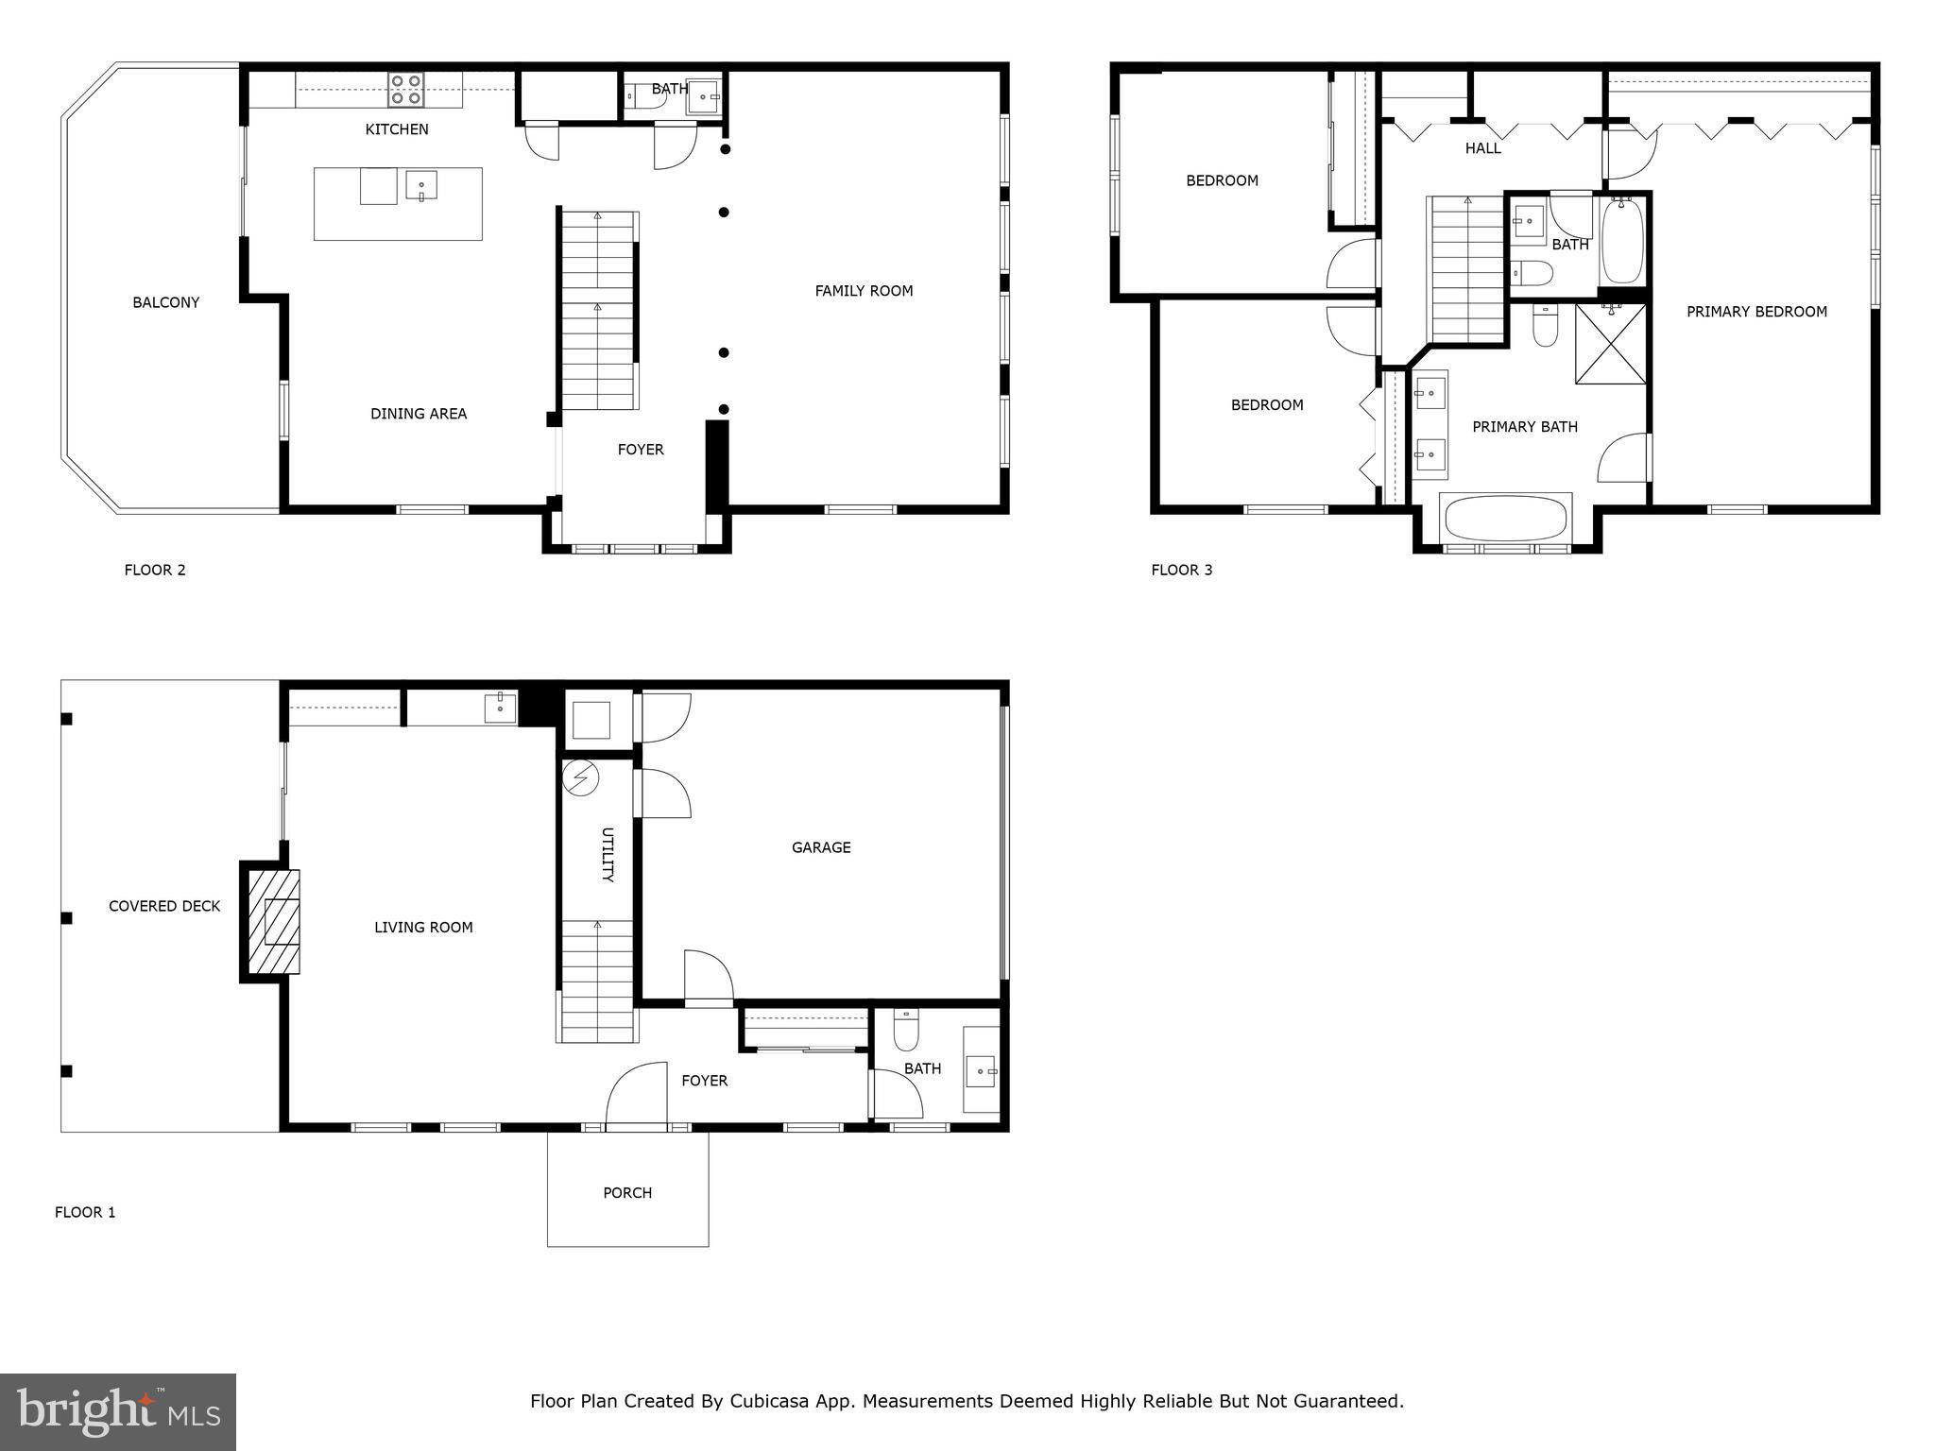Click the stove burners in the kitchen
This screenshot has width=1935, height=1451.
coord(405,90)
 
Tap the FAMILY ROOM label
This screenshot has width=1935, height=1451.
coord(864,291)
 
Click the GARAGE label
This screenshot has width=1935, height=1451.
coord(821,847)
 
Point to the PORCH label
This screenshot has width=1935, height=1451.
coord(627,1193)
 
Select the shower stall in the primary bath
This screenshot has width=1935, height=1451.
coord(1610,344)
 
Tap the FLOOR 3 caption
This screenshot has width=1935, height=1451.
coord(1181,570)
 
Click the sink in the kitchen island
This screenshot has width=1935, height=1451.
coord(420,185)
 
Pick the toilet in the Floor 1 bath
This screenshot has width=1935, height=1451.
coord(905,1033)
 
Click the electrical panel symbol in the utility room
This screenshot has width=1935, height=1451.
coord(580,778)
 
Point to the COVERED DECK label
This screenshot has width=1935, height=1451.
coord(164,906)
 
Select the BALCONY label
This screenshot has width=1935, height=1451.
coord(165,302)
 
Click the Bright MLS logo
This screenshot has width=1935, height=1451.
coord(118,1411)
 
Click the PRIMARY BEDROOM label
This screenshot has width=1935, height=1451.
coord(1756,312)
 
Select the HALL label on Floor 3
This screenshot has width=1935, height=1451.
coord(1482,148)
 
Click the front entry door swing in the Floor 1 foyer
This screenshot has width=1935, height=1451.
coord(636,1096)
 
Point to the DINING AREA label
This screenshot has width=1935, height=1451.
coord(418,414)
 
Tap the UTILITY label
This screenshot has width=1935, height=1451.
coord(608,855)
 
